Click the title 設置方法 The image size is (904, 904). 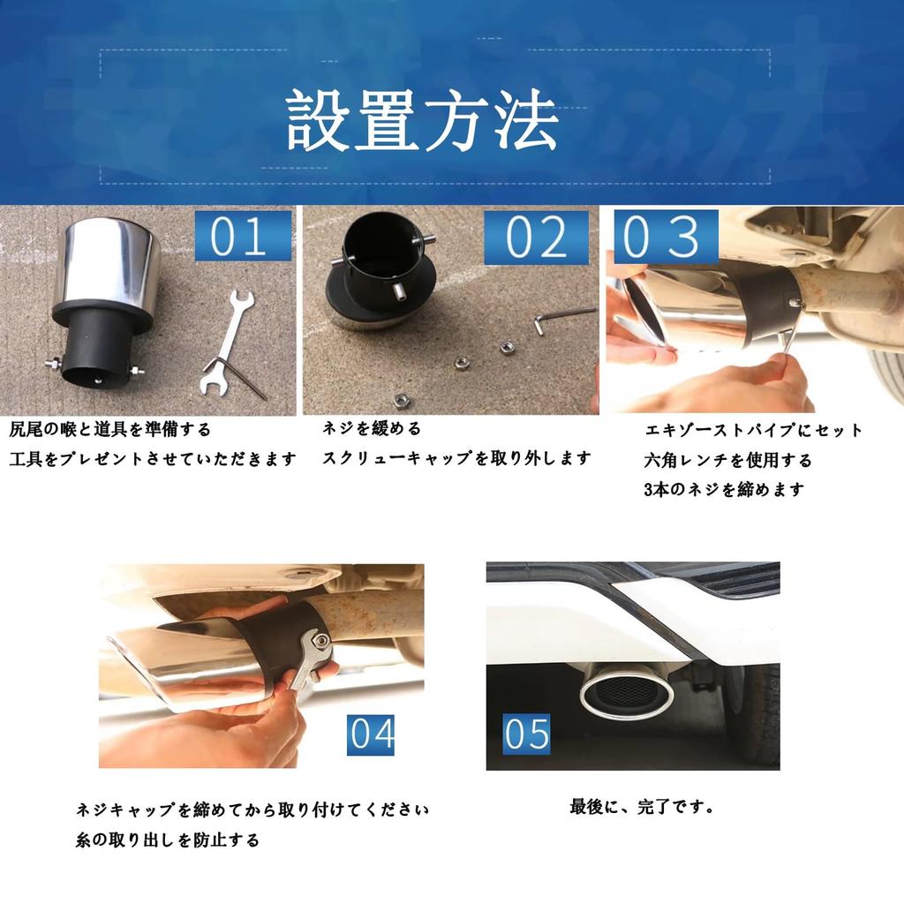pyautogui.click(x=423, y=120)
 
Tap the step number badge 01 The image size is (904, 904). pyautogui.click(x=243, y=236)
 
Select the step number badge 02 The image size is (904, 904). pyautogui.click(x=536, y=237)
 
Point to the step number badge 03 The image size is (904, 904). pyautogui.click(x=666, y=237)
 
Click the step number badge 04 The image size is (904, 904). pyautogui.click(x=371, y=734)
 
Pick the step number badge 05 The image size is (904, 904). pyautogui.click(x=526, y=734)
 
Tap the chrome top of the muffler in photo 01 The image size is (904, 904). pyautogui.click(x=110, y=263)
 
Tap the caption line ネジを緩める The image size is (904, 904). pyautogui.click(x=372, y=428)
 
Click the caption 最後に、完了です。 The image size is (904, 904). pyautogui.click(x=642, y=806)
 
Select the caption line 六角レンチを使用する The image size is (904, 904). pyautogui.click(x=728, y=460)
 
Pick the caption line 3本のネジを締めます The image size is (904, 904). pyautogui.click(x=724, y=489)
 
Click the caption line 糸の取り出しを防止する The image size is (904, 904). pyautogui.click(x=167, y=840)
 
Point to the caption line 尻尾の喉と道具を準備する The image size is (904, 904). pyautogui.click(x=110, y=430)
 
